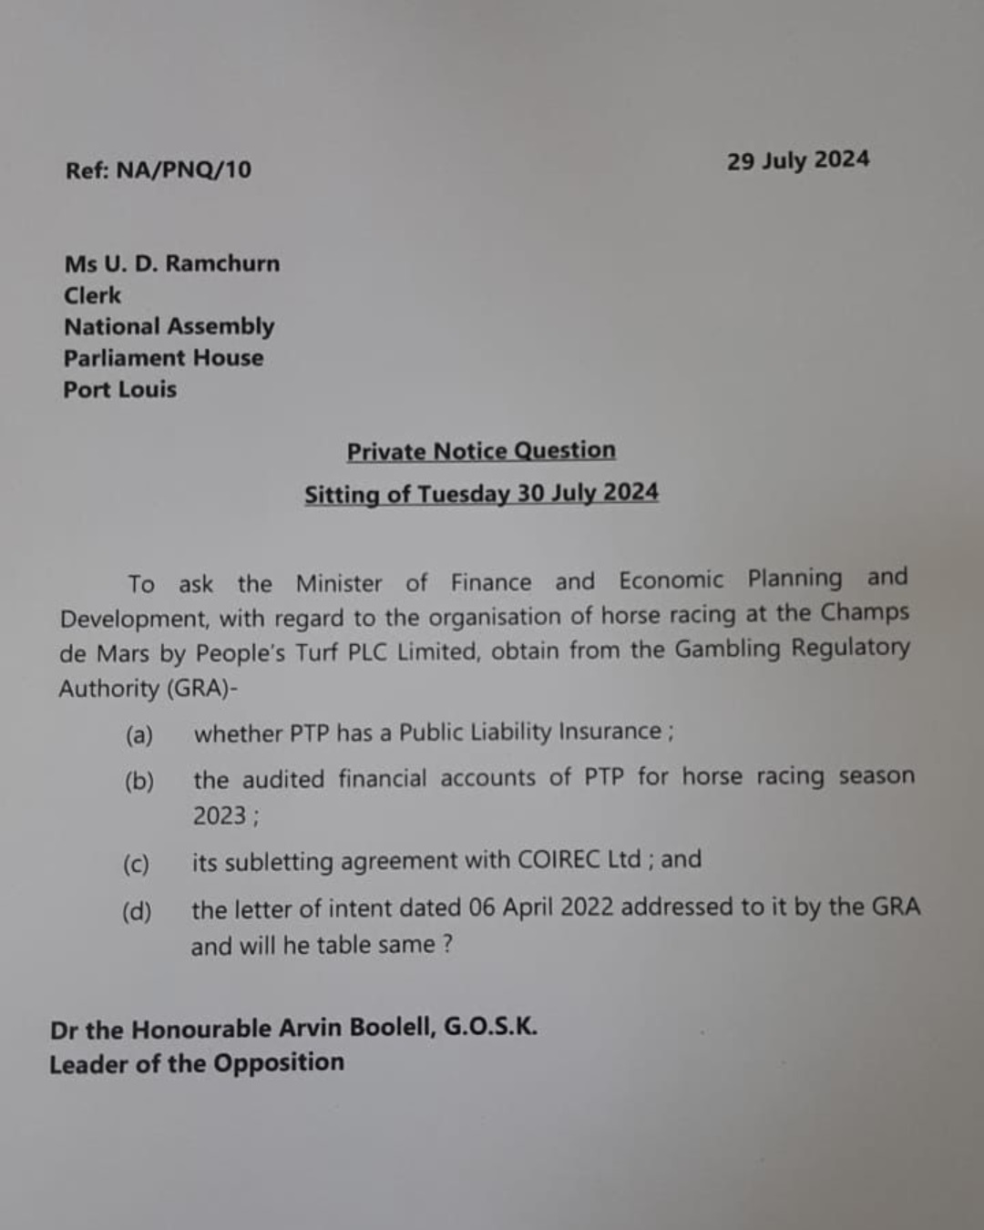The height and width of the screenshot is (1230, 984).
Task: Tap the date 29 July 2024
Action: [x=798, y=160]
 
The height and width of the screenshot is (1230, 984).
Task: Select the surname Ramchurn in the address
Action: [x=222, y=263]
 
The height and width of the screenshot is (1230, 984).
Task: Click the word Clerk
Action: [x=92, y=295]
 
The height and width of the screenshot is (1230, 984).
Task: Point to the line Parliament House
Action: [x=164, y=358]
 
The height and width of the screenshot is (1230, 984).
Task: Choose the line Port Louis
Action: [x=120, y=390]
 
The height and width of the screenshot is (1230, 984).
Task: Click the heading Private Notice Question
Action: [x=481, y=451]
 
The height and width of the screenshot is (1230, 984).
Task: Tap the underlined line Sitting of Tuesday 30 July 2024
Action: [x=481, y=494]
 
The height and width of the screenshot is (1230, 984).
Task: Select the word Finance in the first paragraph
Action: [x=491, y=582]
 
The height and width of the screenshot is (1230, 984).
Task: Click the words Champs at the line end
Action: [x=865, y=612]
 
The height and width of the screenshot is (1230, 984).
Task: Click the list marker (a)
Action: [x=139, y=735]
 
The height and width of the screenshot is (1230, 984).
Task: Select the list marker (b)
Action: [x=139, y=782]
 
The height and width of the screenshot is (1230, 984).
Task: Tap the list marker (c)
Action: [x=137, y=864]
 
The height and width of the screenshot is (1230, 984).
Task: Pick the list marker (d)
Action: [x=137, y=911]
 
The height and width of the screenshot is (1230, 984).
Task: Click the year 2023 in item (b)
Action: [x=220, y=815]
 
